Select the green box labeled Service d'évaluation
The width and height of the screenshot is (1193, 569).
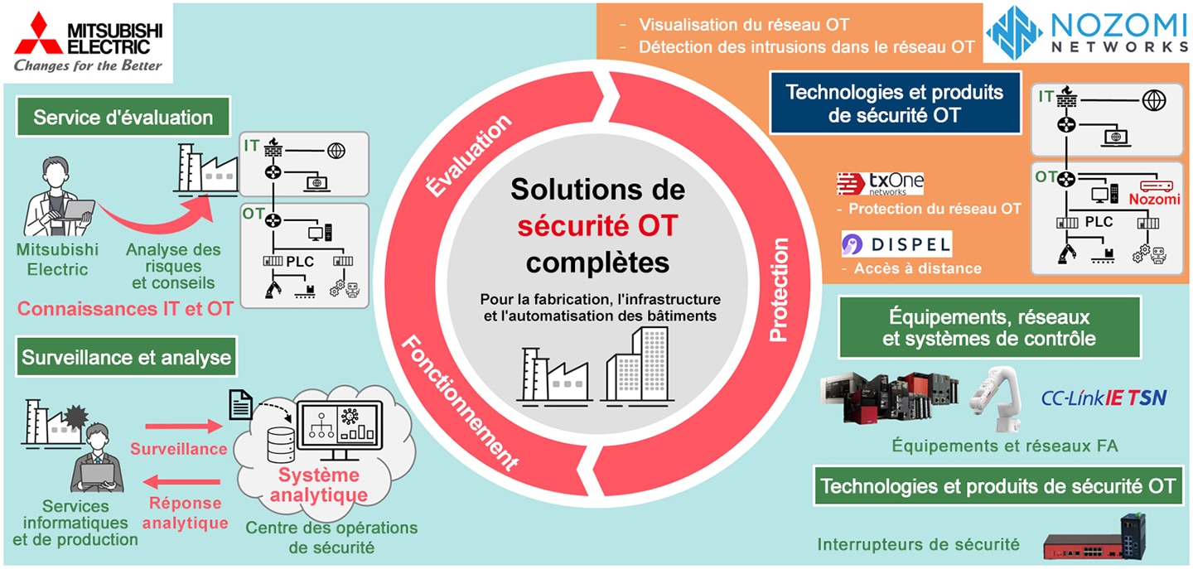(x=123, y=117)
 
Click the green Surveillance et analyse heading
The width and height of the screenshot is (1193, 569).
(x=126, y=357)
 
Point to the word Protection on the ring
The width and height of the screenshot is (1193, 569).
(x=779, y=290)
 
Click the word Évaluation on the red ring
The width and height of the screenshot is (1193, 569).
(x=469, y=155)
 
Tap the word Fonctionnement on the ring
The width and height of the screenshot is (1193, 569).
(x=459, y=403)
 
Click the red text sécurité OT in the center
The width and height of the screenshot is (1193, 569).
(x=597, y=225)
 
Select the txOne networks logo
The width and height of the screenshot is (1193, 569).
(x=880, y=184)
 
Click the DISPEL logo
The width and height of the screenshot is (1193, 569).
(x=896, y=244)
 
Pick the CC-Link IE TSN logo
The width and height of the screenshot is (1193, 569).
(x=1104, y=398)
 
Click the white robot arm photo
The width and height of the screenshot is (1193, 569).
(x=996, y=398)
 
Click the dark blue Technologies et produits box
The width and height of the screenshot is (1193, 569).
(x=895, y=104)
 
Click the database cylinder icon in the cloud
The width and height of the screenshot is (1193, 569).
(x=281, y=444)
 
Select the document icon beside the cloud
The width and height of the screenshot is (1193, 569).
(x=240, y=405)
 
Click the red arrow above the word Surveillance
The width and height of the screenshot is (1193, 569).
(x=184, y=426)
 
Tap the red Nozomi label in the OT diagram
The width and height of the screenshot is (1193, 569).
(x=1154, y=199)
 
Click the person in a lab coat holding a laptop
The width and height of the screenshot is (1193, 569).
(x=57, y=197)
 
